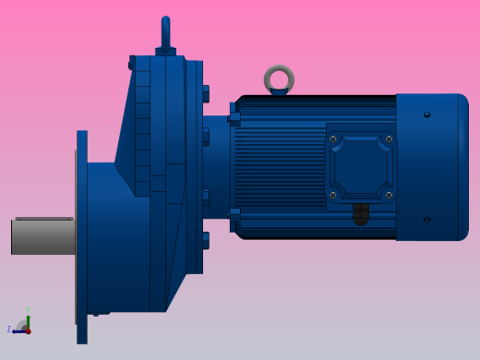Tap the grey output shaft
42,237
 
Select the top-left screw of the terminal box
334,139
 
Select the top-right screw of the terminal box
389,139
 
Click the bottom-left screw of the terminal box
334,195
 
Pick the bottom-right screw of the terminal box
389,195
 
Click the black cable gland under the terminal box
361,214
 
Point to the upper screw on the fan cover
426,114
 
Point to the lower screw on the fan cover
426,220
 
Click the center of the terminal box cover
361,167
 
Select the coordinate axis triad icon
22,326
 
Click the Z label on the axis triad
9,330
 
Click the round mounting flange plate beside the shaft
82,236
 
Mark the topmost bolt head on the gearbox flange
205,93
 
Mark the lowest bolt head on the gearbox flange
205,240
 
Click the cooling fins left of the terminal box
277,167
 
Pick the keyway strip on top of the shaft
43,219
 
